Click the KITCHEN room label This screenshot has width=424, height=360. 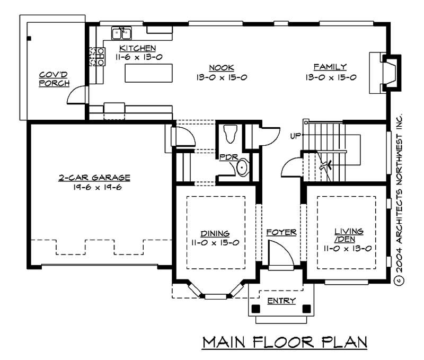137,48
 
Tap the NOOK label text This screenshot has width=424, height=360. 218,67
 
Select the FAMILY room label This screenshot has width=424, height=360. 330,67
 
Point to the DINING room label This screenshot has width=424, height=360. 215,233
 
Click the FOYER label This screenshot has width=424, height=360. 281,232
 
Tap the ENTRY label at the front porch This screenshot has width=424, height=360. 278,301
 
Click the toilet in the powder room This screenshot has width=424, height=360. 231,133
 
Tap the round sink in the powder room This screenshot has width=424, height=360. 242,168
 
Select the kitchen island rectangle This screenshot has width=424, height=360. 149,73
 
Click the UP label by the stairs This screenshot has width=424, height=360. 295,136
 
